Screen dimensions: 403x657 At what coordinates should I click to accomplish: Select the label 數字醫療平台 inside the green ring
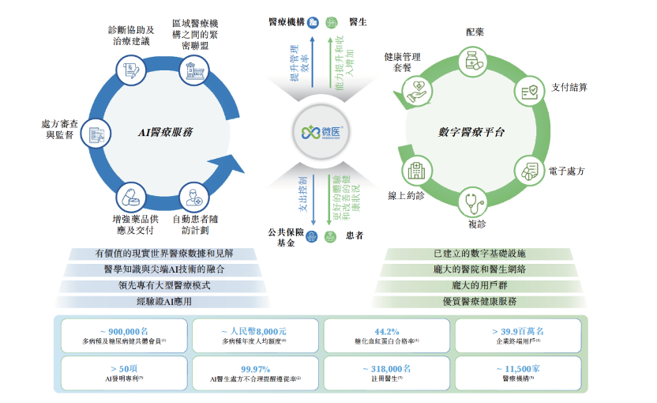click(x=472, y=132)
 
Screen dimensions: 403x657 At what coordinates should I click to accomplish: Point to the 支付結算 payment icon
click(x=531, y=92)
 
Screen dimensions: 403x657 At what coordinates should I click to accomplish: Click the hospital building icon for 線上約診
click(x=415, y=169)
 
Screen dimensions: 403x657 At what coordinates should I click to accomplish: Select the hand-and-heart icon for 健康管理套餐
click(x=418, y=92)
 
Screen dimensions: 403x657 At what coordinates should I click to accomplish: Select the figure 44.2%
click(x=387, y=332)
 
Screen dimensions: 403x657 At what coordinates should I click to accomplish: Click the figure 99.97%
click(x=255, y=368)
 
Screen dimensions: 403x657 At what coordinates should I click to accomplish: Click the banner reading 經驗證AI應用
click(x=164, y=302)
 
